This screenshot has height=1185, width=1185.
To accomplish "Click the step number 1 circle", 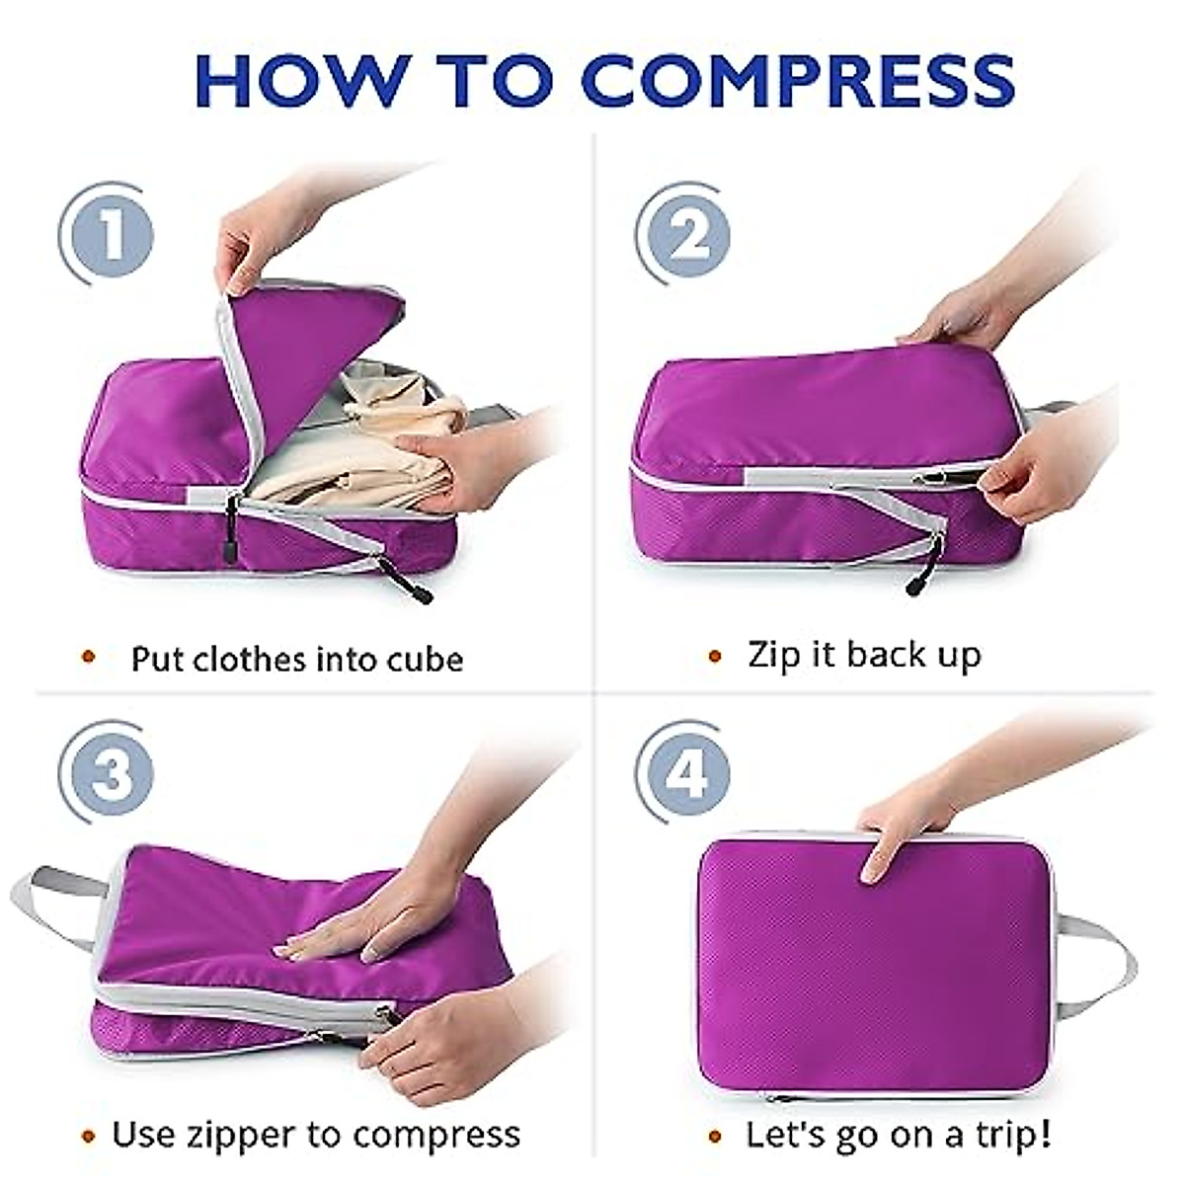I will (110, 235).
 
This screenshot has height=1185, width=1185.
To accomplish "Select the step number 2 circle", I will (686, 235).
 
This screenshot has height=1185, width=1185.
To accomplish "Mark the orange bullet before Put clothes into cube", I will (89, 658).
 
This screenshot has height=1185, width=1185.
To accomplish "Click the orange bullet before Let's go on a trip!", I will (715, 1135).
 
